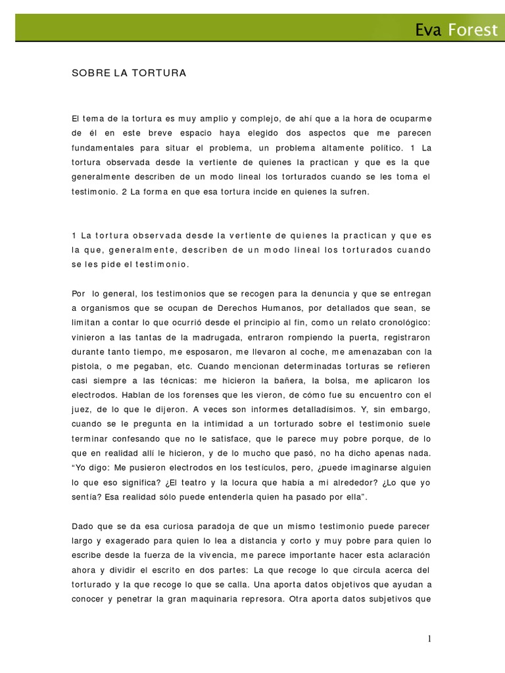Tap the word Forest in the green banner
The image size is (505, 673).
[473, 30]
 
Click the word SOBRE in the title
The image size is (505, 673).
[87, 74]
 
